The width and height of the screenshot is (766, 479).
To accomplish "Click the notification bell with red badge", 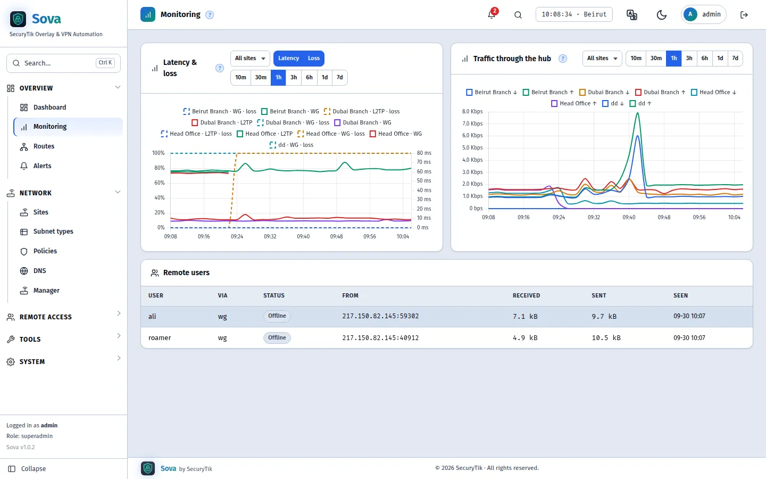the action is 492,14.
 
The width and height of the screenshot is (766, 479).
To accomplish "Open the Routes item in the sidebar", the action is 44,146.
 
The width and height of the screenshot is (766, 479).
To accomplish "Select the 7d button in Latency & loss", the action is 339,77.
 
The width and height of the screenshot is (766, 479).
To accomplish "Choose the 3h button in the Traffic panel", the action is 689,58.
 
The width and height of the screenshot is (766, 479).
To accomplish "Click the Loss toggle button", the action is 314,58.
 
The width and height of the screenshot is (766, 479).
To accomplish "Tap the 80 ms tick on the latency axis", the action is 424,153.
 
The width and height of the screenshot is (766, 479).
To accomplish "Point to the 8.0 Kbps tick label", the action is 472,111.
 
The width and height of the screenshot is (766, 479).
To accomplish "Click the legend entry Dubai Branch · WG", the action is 363,122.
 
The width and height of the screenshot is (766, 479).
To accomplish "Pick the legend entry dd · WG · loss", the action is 292,145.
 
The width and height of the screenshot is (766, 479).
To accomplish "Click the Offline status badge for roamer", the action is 277,337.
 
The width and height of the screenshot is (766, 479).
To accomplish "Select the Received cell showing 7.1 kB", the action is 525,317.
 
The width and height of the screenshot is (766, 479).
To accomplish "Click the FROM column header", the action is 350,295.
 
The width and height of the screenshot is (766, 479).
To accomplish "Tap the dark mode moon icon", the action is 661,15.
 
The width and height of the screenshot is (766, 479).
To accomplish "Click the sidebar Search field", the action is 64,63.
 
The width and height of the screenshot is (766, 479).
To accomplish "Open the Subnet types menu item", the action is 53,232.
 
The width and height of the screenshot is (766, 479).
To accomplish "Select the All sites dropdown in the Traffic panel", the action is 602,58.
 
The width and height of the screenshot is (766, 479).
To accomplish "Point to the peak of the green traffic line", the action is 637,113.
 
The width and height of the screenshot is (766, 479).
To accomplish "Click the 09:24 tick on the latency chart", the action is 237,236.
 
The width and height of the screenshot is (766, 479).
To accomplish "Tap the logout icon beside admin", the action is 744,15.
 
